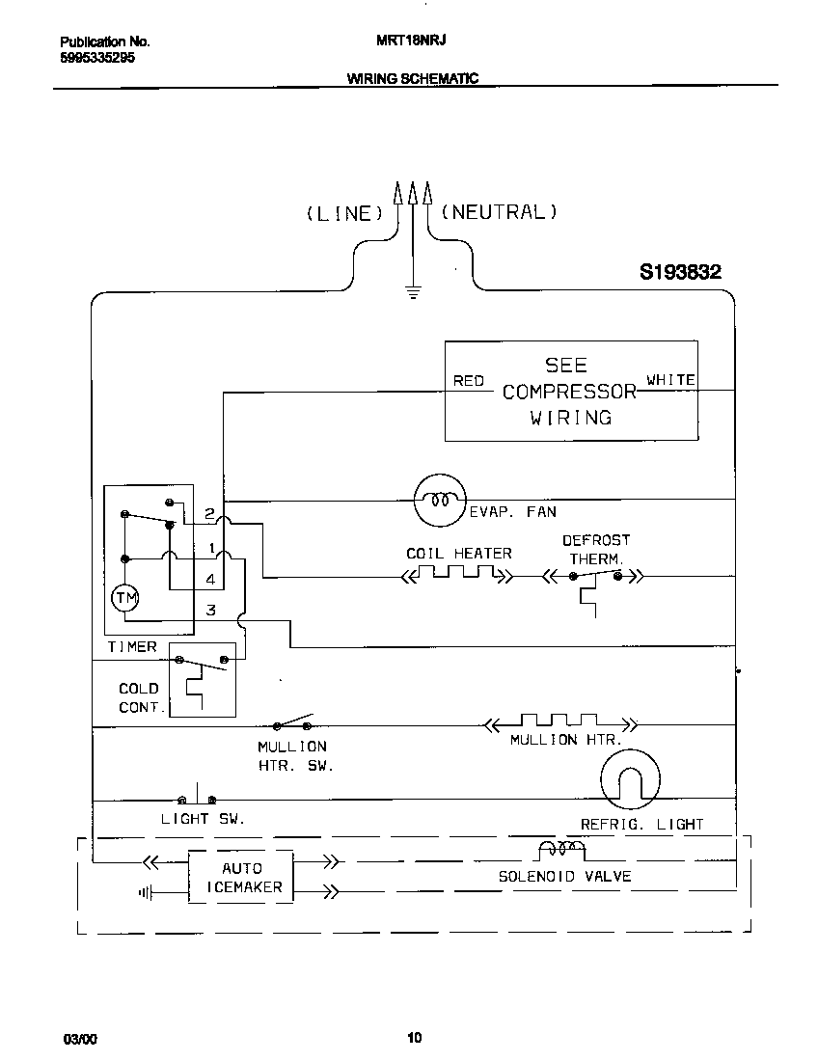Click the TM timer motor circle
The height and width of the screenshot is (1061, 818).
(126, 599)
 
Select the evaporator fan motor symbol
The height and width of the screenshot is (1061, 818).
(440, 500)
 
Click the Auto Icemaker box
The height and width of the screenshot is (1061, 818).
(240, 877)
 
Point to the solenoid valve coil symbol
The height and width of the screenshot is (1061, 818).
(560, 849)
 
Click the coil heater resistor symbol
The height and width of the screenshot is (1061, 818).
(456, 576)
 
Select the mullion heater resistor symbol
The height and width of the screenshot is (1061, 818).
(559, 721)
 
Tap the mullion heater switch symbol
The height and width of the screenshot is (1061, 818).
(293, 724)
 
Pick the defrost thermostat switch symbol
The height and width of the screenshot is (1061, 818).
(592, 577)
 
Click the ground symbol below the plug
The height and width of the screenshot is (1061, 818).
(414, 291)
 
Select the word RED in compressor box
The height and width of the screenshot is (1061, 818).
(469, 381)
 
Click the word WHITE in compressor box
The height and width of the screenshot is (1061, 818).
(670, 380)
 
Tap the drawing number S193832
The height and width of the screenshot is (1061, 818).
(680, 273)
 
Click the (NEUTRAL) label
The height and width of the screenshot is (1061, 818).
(499, 212)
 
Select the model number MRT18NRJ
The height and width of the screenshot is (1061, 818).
(402, 41)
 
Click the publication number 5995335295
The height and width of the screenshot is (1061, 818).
(97, 57)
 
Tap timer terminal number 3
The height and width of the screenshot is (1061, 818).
(210, 610)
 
